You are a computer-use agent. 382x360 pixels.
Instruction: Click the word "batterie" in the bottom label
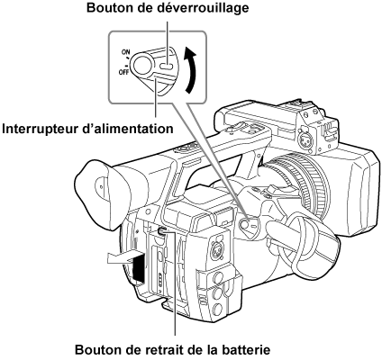click(266, 348)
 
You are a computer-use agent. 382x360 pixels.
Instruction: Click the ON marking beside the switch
click(123, 53)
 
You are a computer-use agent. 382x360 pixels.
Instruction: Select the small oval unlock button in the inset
click(167, 64)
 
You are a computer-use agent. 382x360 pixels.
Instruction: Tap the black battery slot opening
click(136, 268)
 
